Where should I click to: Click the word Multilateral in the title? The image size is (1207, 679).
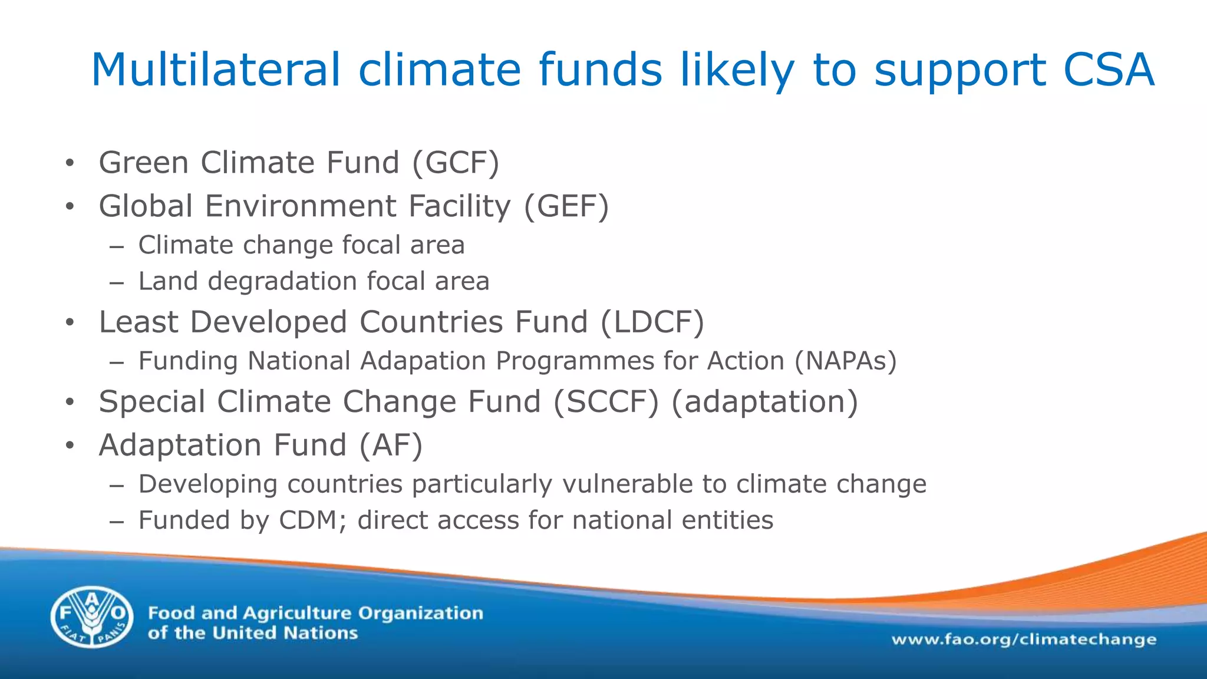click(x=216, y=70)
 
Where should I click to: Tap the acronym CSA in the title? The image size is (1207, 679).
click(x=1109, y=70)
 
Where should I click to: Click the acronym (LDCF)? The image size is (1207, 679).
click(x=652, y=322)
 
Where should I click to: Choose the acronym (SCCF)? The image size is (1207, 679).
click(x=605, y=401)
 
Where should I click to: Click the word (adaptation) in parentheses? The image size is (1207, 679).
click(x=764, y=401)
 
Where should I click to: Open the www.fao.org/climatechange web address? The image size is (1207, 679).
click(x=1024, y=640)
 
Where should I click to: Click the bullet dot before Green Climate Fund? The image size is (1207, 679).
click(x=70, y=163)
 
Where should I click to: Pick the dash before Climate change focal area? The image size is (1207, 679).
click(x=116, y=246)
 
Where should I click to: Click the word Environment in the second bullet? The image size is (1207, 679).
click(x=301, y=206)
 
